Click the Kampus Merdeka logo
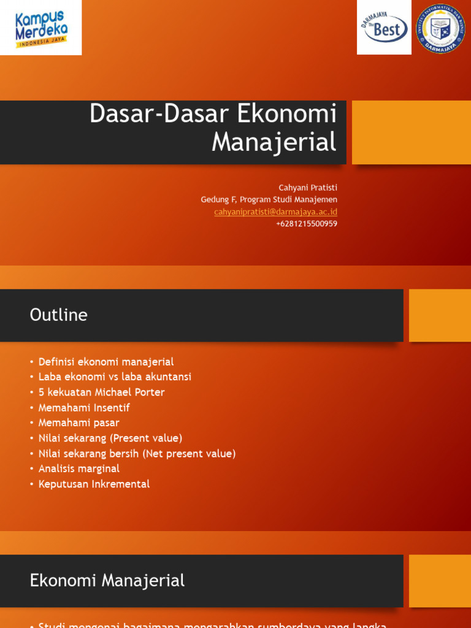40,28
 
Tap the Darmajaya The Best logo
384,28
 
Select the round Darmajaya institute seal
440,29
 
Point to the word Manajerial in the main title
274,142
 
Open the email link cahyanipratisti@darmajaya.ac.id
275,212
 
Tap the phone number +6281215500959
306,224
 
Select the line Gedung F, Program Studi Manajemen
269,199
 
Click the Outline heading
58,315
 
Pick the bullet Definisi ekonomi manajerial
106,362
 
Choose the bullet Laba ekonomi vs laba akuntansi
115,377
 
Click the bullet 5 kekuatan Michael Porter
101,392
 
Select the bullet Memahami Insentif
84,407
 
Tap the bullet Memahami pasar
78,423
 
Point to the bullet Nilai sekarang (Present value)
110,438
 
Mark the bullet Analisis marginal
79,469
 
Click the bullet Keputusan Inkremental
94,484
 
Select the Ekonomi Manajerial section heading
107,580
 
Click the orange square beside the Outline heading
440,315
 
